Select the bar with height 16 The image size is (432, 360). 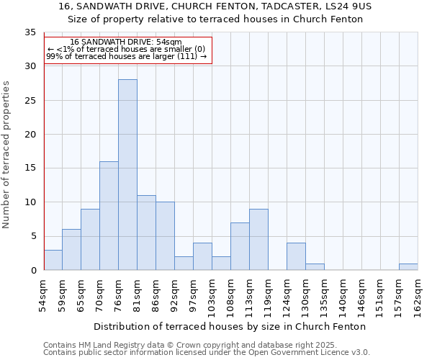tap(109, 216)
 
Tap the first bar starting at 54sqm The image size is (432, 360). tap(53, 260)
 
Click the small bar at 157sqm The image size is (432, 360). tap(408, 267)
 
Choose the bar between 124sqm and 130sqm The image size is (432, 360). tap(296, 257)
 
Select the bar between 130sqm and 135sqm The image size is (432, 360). tap(315, 267)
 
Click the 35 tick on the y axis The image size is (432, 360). tap(30, 32)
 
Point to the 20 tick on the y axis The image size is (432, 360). tap(30, 135)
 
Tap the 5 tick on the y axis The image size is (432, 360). tap(33, 236)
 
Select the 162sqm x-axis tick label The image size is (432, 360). tap(418, 296)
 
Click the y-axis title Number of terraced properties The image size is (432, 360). tap(7, 155)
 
